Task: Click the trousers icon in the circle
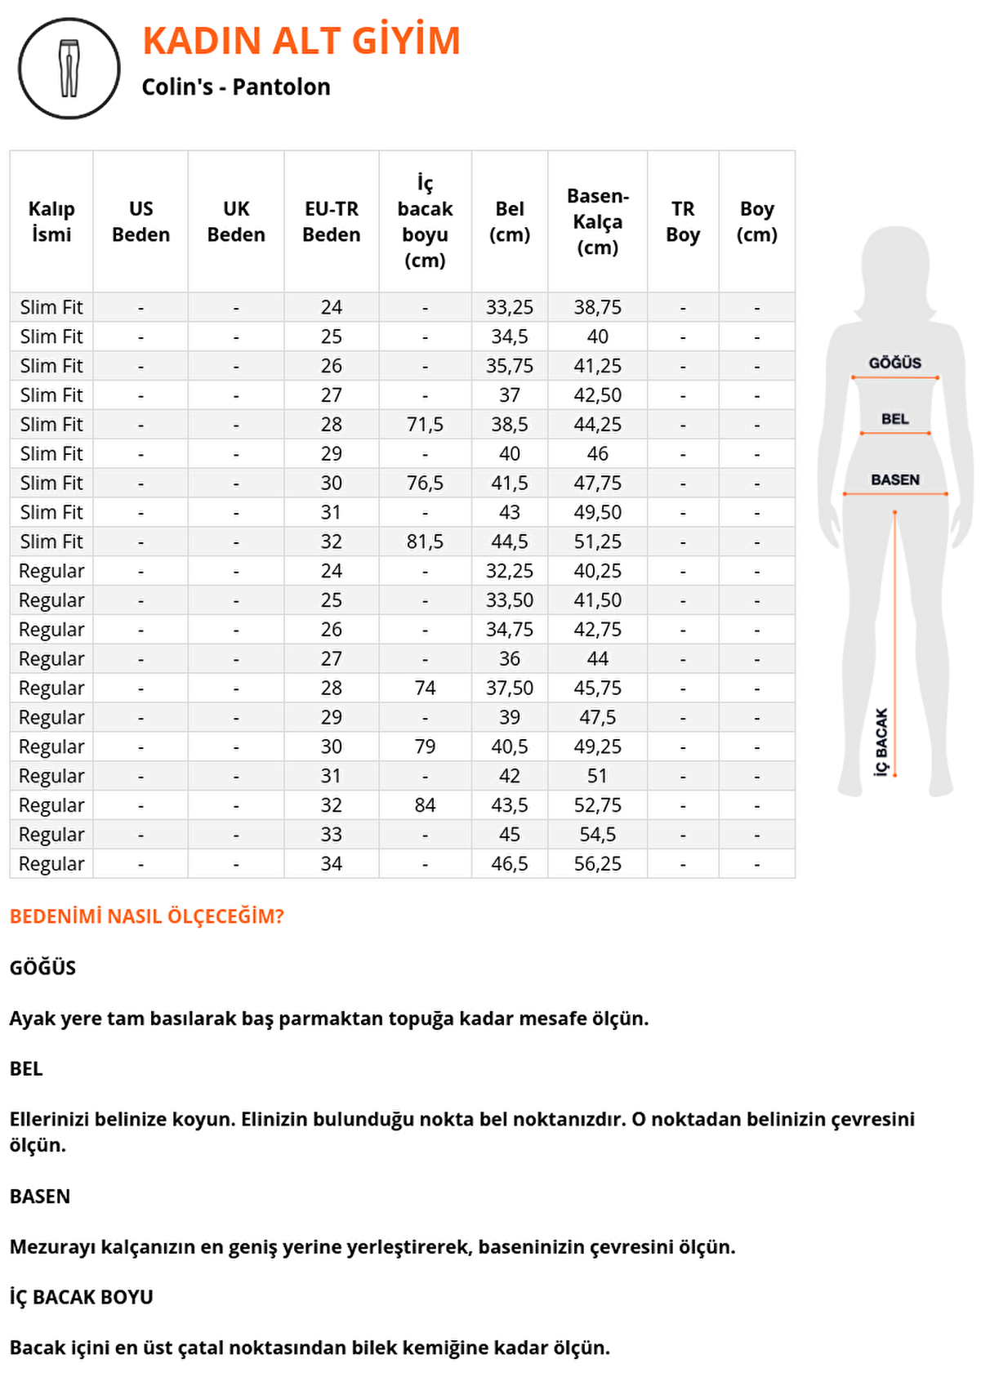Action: [69, 69]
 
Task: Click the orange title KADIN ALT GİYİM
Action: [301, 41]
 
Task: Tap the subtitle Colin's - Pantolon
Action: [236, 87]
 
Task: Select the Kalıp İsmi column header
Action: [51, 221]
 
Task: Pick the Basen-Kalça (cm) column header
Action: [597, 221]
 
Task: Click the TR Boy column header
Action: [683, 221]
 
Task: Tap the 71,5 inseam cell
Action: [425, 425]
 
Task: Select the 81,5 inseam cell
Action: [425, 541]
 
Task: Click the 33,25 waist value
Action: [509, 308]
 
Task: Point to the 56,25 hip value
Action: [597, 864]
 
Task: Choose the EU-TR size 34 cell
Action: [331, 864]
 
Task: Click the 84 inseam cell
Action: [425, 805]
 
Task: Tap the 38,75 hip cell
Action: [597, 308]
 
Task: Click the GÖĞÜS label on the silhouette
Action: [894, 363]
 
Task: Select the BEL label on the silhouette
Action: [894, 419]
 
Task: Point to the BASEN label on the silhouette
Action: [894, 479]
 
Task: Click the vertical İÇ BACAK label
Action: [881, 742]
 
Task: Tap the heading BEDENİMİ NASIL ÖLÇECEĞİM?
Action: [147, 916]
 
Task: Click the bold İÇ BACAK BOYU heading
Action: [82, 1297]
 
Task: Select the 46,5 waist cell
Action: [509, 864]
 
